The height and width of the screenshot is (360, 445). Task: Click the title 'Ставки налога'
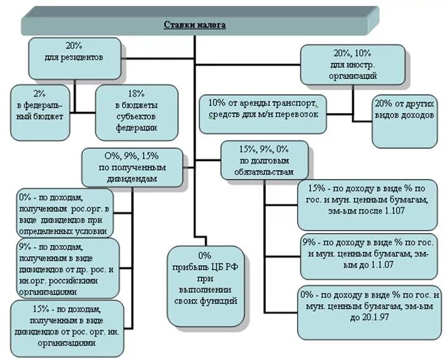(195, 24)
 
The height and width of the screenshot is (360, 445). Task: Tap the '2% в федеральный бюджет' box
(39, 111)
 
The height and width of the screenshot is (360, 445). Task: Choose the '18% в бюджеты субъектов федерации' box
(136, 112)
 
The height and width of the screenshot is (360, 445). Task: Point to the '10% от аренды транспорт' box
(267, 109)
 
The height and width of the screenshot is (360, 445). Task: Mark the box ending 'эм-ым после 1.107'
(366, 204)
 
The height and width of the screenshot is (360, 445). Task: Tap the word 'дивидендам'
(132, 180)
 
